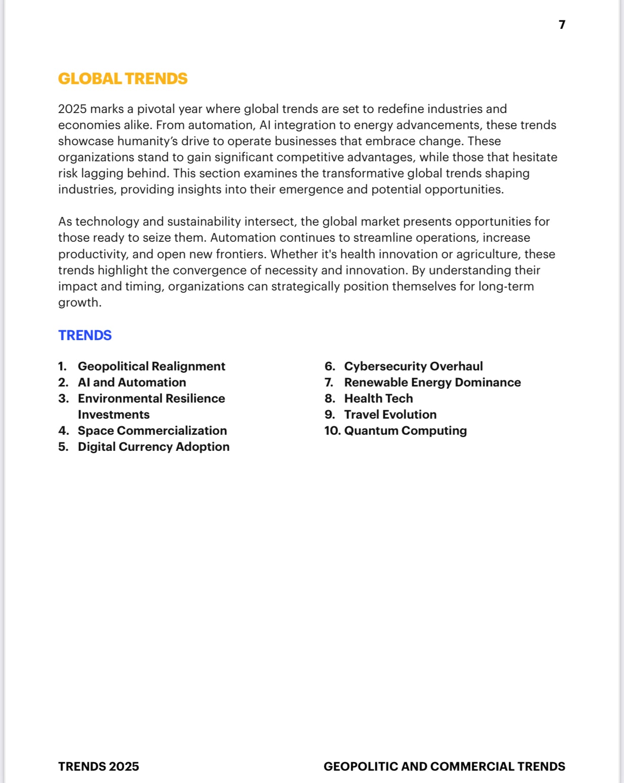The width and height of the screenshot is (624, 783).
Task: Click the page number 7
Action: point(562,25)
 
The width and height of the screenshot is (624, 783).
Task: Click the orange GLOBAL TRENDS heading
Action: point(123,79)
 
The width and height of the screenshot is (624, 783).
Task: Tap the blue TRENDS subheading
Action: point(85,335)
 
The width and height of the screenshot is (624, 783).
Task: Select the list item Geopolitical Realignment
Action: point(151,366)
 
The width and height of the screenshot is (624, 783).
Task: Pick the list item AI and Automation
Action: point(132,382)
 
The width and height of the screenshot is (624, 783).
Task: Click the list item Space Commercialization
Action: point(152,431)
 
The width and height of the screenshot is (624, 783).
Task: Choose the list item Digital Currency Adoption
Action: point(154,447)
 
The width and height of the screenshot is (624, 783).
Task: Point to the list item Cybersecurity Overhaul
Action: point(413,366)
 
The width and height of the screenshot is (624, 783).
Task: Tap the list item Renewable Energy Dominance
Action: point(432,382)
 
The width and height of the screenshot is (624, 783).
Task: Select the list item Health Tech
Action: point(378,398)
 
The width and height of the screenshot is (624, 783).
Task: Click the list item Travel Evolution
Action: point(390,414)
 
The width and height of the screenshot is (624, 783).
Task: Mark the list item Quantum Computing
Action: point(405,431)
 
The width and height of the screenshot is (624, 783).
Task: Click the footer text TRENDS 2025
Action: point(98,766)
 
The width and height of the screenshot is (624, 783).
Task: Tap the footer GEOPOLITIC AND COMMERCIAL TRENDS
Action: point(444,766)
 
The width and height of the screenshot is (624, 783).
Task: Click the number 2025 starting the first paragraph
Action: point(72,109)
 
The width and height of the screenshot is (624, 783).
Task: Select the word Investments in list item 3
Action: point(113,414)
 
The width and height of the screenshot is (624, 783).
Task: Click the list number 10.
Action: point(332,431)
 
